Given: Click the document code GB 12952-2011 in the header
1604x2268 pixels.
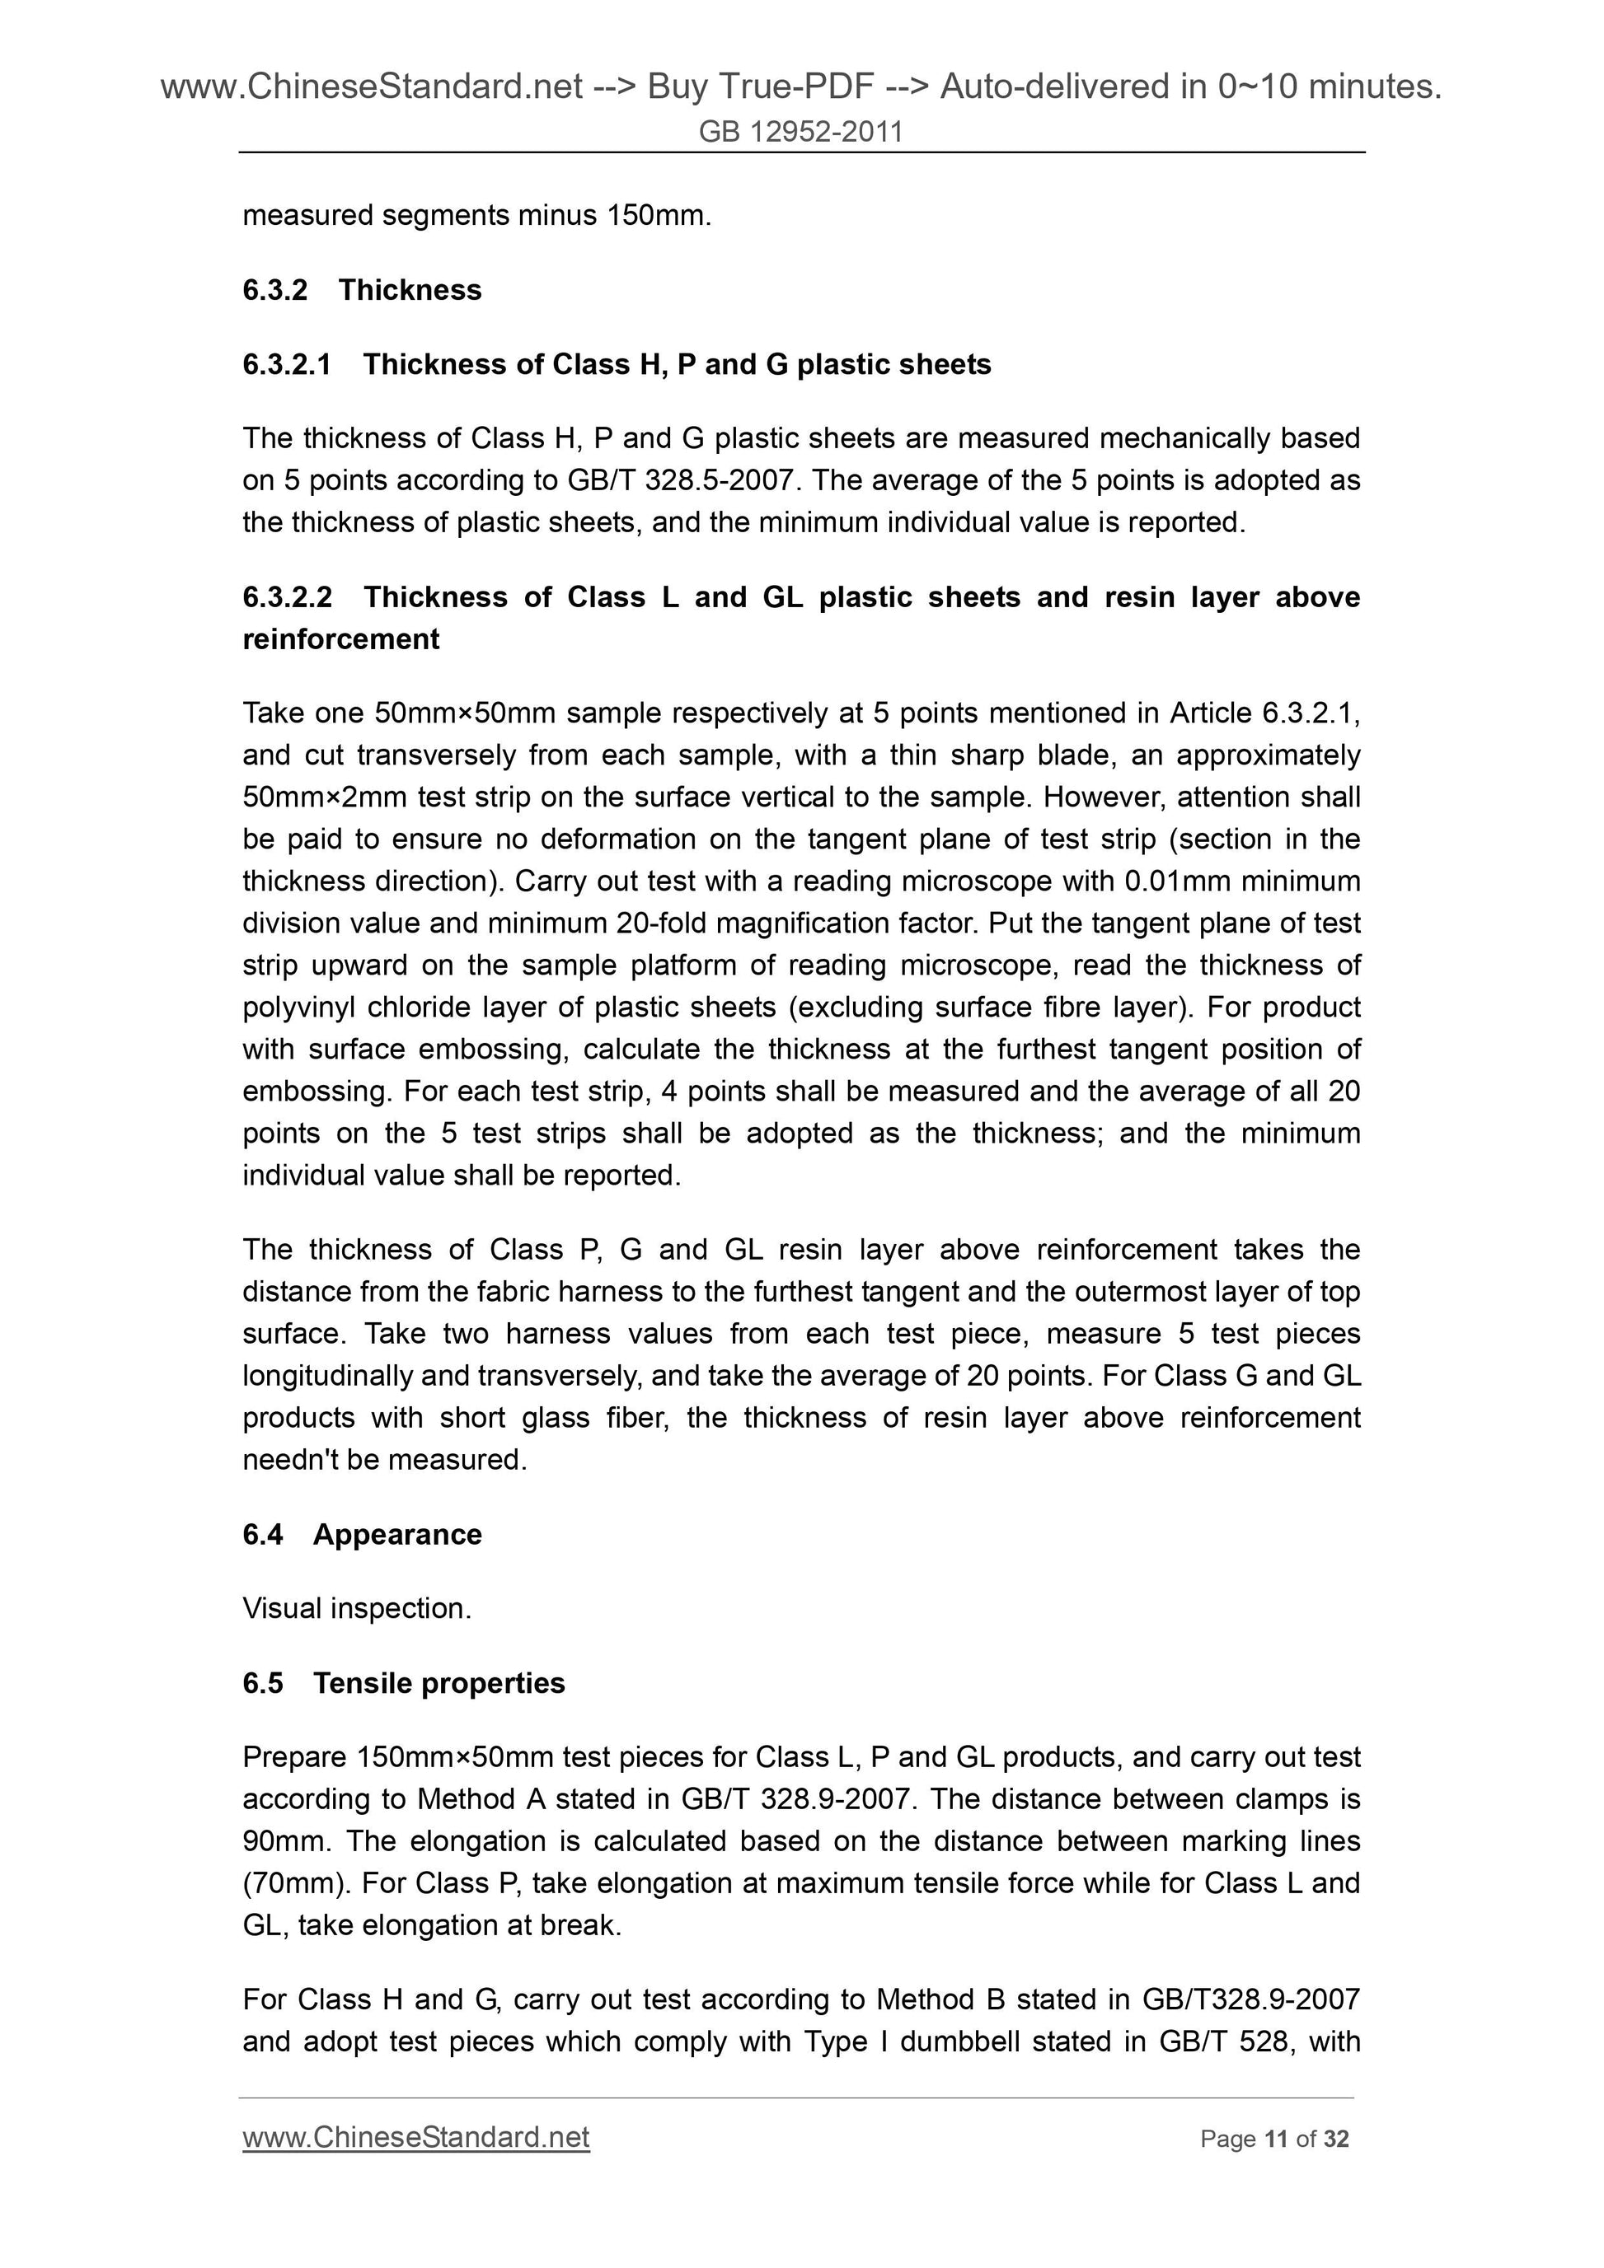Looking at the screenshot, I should pyautogui.click(x=800, y=131).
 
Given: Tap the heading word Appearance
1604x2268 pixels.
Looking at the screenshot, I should pyautogui.click(x=397, y=1534).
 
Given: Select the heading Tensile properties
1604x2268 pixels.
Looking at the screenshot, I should pyautogui.click(x=439, y=1682).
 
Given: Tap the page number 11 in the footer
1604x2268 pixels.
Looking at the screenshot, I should pyautogui.click(x=1276, y=2139).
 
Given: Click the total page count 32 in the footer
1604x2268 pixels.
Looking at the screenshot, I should pyautogui.click(x=1336, y=2139).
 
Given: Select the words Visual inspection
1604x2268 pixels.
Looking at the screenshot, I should pyautogui.click(x=356, y=1608).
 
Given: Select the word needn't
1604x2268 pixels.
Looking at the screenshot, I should pyautogui.click(x=293, y=1459).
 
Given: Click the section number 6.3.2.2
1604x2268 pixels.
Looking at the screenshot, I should pyautogui.click(x=288, y=596).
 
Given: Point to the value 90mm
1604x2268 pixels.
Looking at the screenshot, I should pyautogui.click(x=284, y=1841).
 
